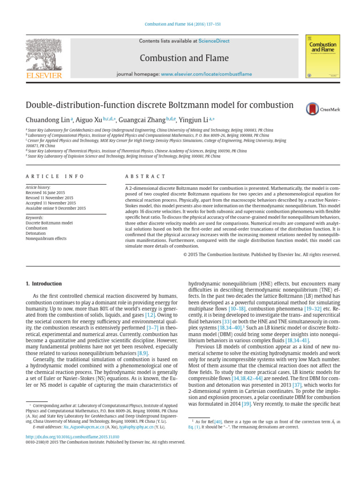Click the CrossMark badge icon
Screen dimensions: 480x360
(x=313, y=109)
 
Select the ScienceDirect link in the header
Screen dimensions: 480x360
(x=214, y=41)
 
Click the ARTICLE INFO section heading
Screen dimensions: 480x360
(x=55, y=176)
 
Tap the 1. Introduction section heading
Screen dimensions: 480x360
(x=44, y=284)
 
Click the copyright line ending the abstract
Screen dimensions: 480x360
(x=261, y=255)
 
